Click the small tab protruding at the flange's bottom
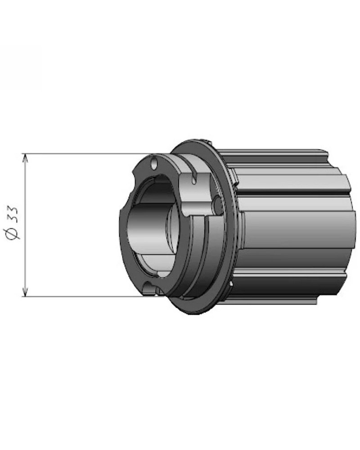[x=231, y=284]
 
